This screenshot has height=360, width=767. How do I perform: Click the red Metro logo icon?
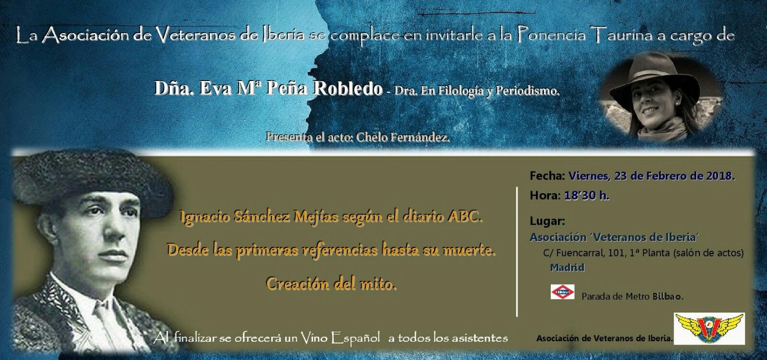563,291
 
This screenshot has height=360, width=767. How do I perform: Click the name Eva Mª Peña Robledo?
268,89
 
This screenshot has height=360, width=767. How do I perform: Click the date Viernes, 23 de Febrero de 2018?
651,176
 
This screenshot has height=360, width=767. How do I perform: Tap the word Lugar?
547,221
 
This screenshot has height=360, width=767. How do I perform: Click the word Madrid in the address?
567,267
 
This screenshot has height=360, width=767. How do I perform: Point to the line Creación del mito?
331,284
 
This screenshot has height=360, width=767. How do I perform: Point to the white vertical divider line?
517,251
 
